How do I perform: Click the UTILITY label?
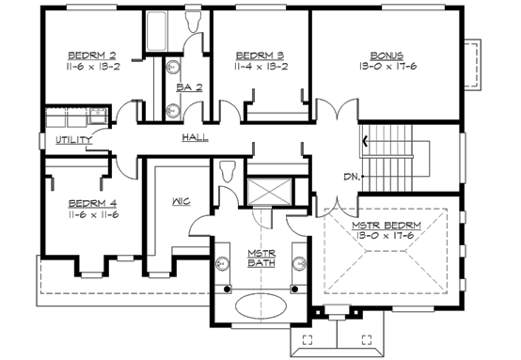73,140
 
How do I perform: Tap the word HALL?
195,137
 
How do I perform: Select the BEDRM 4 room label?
91,202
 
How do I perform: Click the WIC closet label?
182,201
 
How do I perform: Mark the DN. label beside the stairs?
351,176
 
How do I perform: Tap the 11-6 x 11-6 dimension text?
91,215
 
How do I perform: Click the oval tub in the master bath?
261,307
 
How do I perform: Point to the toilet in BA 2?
193,23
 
